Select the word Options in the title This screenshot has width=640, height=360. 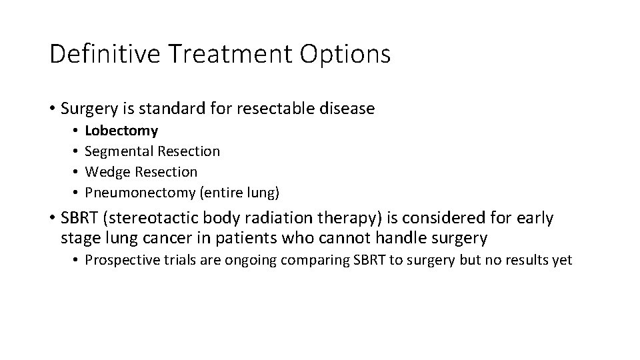(346, 54)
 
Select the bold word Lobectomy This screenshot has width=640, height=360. (121, 131)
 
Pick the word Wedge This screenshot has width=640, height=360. (107, 172)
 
